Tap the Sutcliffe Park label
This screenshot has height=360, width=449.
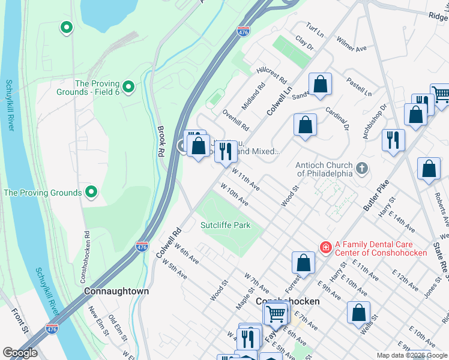(225, 225)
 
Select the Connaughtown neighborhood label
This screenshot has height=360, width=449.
(116, 291)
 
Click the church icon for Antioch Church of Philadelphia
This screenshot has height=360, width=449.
(361, 169)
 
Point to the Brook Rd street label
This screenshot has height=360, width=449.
(161, 141)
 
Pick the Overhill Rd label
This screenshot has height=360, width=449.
(235, 120)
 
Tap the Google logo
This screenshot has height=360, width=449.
(20, 353)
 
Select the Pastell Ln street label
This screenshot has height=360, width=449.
(359, 86)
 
